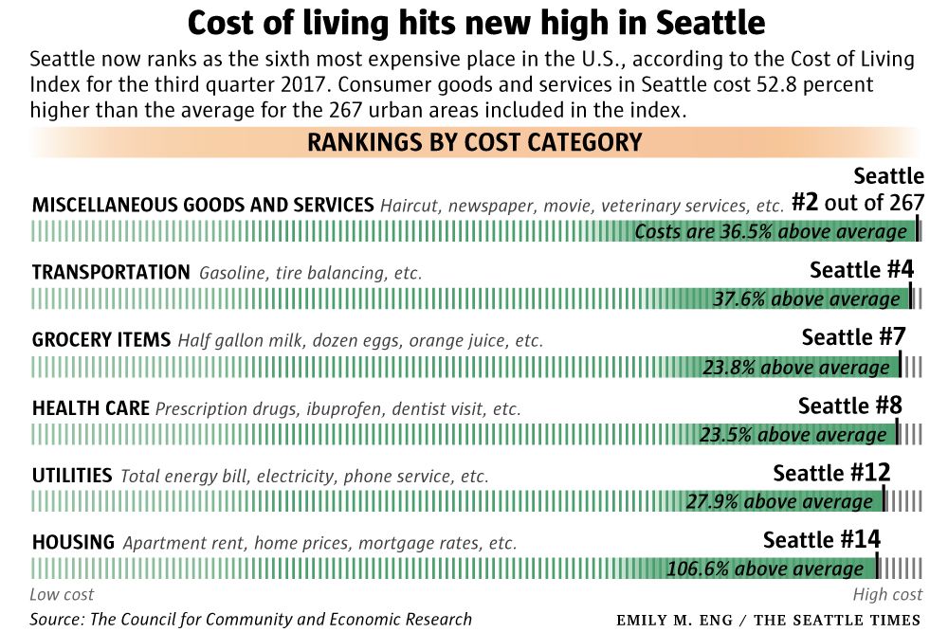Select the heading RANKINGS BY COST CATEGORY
[x=475, y=143]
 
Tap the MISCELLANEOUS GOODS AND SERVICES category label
[x=203, y=206]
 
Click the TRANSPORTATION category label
[x=111, y=273]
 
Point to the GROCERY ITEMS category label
[x=101, y=340]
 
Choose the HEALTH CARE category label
[x=91, y=408]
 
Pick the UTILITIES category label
[x=72, y=476]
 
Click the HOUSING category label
[x=73, y=543]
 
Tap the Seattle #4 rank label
[x=861, y=270]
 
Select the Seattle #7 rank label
[x=854, y=337]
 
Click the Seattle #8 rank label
[x=849, y=406]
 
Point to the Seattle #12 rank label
[x=831, y=473]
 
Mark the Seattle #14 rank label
[x=822, y=540]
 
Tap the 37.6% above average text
[x=806, y=299]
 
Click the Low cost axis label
[x=62, y=595]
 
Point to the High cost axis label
[x=887, y=595]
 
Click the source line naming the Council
[x=250, y=620]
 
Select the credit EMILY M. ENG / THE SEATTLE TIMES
[x=768, y=621]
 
